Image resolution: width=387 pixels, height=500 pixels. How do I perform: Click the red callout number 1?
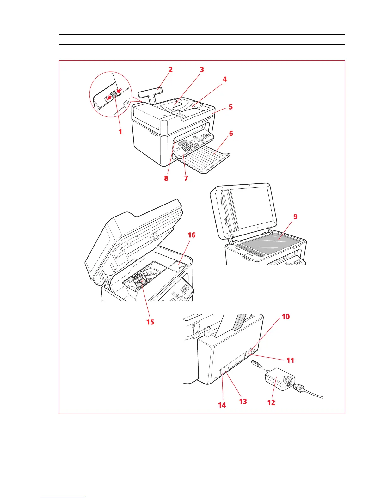(120, 132)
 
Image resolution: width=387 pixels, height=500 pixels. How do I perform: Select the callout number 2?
(170, 70)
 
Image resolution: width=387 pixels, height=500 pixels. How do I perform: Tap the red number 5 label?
(231, 107)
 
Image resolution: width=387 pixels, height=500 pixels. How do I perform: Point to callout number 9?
(295, 217)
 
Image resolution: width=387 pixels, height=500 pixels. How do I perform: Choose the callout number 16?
(192, 235)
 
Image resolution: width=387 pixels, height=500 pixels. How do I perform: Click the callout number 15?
(150, 322)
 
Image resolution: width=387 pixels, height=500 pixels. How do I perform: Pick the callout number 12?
(271, 402)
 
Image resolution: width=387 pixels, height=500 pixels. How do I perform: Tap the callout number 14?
(222, 405)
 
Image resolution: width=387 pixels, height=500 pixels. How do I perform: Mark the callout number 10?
(286, 317)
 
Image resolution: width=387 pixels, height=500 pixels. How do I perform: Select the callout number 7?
(186, 178)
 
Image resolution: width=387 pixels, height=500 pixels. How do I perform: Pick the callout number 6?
(231, 134)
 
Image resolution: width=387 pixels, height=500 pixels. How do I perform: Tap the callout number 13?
(243, 402)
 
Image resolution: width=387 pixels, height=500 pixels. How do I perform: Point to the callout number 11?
(290, 360)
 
